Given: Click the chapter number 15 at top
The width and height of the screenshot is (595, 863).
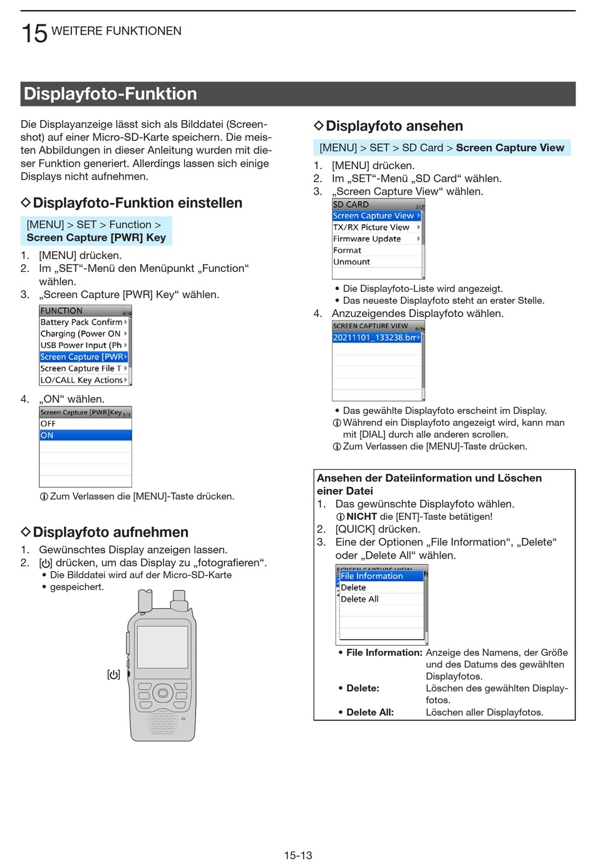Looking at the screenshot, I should click(34, 33).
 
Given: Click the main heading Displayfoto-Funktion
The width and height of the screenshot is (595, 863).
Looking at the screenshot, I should click(110, 94).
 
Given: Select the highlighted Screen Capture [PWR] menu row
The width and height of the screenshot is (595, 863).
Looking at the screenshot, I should click(83, 357).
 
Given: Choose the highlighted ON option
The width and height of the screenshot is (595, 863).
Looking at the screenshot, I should click(85, 435).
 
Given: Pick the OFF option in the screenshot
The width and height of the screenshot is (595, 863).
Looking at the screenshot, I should click(85, 424).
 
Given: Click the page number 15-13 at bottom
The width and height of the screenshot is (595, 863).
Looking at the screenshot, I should click(297, 855).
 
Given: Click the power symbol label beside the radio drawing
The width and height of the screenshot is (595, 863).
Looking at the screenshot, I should click(113, 674).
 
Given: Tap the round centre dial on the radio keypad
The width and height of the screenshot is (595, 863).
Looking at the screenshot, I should click(163, 693).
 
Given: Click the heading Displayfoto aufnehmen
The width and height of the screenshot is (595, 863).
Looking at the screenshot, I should click(110, 532).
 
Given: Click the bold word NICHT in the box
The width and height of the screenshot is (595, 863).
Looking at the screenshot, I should click(361, 517).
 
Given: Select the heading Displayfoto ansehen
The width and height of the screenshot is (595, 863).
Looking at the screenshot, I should click(394, 127).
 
